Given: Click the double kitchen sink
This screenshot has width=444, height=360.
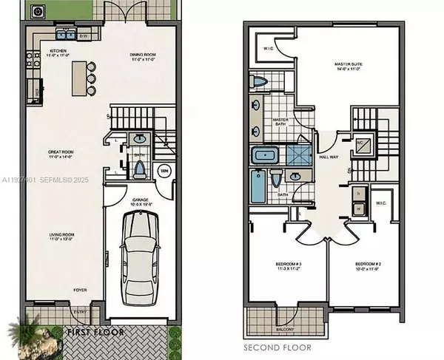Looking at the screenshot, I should [x=61, y=34].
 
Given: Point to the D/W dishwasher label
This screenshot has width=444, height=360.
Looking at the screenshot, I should [x=84, y=35].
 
